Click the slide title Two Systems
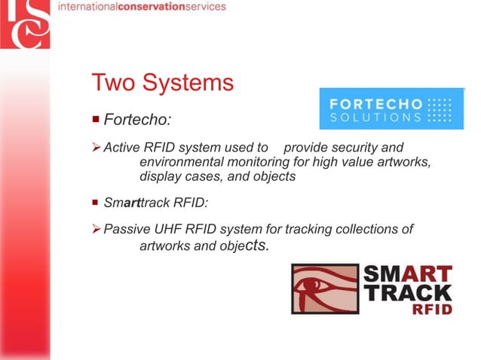[162, 82]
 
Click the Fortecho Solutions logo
[391, 109]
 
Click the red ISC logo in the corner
[24, 24]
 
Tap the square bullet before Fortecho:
[95, 119]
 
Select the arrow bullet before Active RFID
[95, 147]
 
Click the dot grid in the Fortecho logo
[439, 109]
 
